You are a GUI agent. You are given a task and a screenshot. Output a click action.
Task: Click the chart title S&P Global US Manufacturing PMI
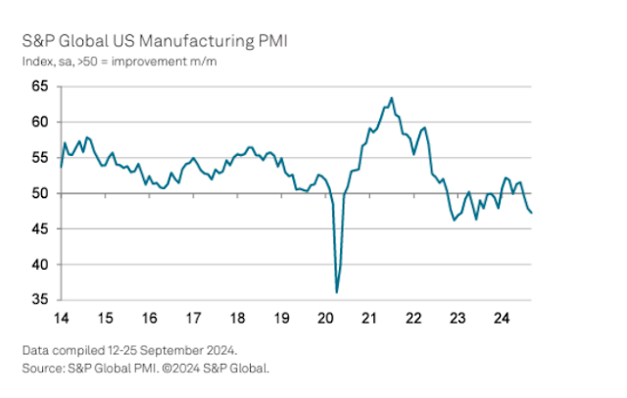[x=155, y=43]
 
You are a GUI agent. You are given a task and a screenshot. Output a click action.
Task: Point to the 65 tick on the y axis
[x=40, y=87]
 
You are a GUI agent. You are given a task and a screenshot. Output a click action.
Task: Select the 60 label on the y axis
[x=40, y=123]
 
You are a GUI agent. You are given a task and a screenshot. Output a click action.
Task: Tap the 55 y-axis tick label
[x=40, y=158]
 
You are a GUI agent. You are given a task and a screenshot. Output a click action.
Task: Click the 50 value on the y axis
[x=40, y=194]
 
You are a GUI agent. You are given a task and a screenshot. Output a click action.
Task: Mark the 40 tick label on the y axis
[x=40, y=265]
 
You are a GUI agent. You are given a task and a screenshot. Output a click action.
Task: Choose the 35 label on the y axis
[x=40, y=300]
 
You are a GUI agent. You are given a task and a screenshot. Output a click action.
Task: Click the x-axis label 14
[x=61, y=318]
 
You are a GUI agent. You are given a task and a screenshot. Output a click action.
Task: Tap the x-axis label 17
[x=194, y=318]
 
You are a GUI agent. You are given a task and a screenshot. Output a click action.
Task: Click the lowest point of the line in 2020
[x=337, y=292]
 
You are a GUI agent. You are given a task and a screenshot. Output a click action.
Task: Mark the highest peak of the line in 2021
[x=392, y=98]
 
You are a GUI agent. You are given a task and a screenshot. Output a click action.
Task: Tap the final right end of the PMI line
[x=532, y=213]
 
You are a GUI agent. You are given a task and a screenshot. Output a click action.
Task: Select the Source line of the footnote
[x=145, y=368]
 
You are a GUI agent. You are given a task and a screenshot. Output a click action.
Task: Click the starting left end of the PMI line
[x=61, y=167]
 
